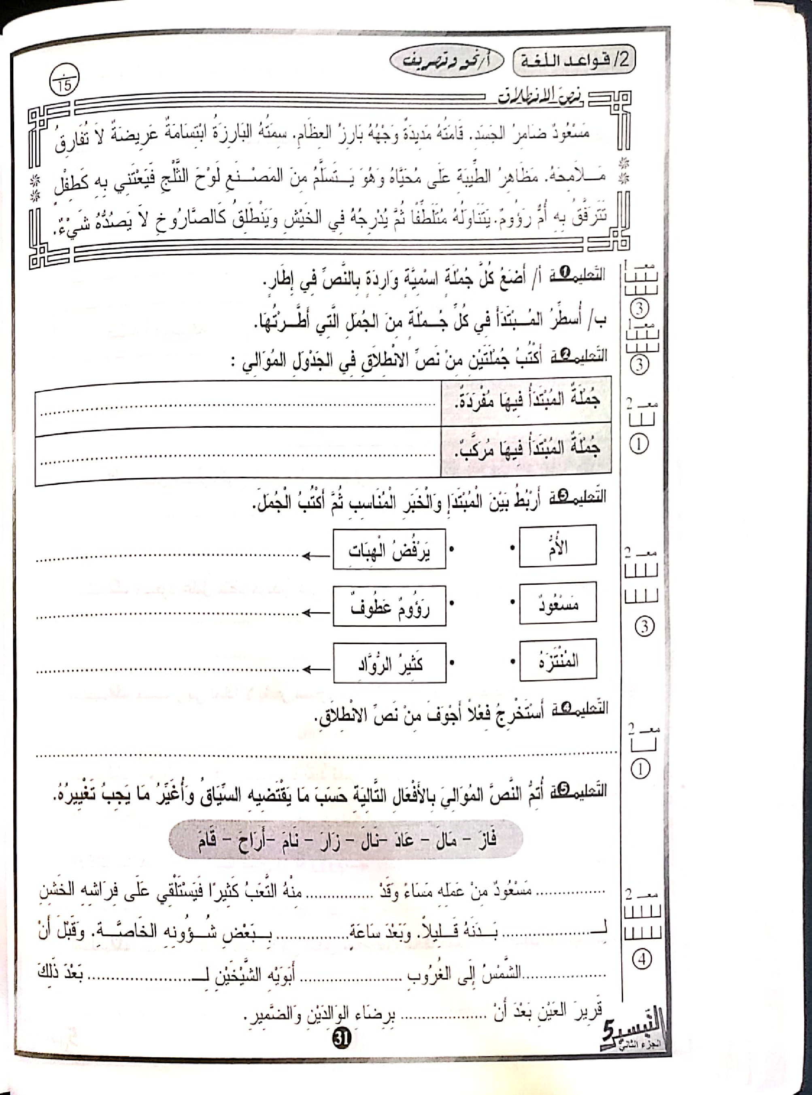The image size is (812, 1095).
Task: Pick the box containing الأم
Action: click(557, 545)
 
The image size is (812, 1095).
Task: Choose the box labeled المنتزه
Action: click(557, 659)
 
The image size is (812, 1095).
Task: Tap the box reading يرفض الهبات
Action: click(389, 549)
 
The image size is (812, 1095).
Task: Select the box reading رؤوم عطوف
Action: click(389, 606)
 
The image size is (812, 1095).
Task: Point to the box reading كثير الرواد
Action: click(389, 663)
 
